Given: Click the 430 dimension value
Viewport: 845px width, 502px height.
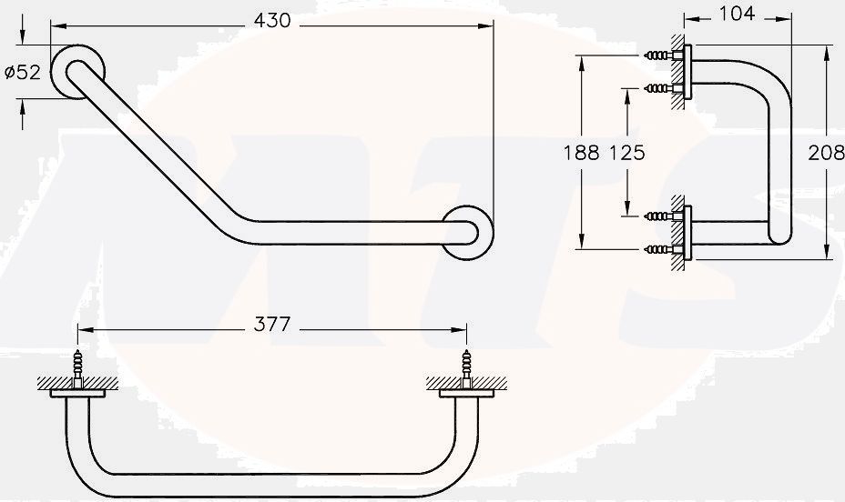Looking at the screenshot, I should tap(271, 20).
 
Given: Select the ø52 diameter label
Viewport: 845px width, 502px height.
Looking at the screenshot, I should tap(23, 73).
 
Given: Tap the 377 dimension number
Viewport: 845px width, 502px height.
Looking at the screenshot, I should tap(271, 324).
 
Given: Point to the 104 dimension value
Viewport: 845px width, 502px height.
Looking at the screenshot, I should tap(736, 14).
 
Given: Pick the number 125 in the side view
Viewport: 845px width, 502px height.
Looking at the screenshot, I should tap(626, 153).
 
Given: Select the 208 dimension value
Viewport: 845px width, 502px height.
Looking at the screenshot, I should tap(826, 153).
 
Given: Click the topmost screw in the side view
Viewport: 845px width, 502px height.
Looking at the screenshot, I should tap(657, 56).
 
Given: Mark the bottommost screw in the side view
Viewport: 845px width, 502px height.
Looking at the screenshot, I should tap(657, 248).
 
